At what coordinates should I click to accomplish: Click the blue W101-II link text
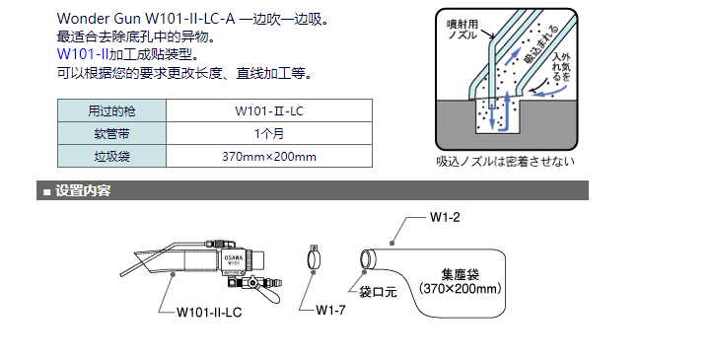(83, 54)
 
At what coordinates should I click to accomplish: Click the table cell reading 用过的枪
(111, 110)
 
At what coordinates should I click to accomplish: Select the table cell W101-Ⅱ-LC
(269, 110)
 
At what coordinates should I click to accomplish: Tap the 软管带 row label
(111, 133)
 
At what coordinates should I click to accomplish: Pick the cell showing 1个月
(269, 133)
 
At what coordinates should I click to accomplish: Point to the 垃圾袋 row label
(111, 157)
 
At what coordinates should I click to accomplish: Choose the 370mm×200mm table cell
(269, 157)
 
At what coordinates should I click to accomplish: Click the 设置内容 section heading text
(83, 190)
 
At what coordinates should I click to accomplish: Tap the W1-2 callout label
(445, 217)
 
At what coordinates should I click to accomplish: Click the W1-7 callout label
(330, 310)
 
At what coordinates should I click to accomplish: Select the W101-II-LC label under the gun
(209, 313)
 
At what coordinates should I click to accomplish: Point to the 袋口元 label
(378, 291)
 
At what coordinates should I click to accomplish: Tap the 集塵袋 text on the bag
(461, 274)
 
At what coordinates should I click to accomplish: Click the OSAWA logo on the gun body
(234, 257)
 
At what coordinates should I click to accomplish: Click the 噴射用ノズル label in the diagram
(463, 29)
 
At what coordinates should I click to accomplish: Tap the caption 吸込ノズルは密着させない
(505, 162)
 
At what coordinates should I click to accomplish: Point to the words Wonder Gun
(99, 19)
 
